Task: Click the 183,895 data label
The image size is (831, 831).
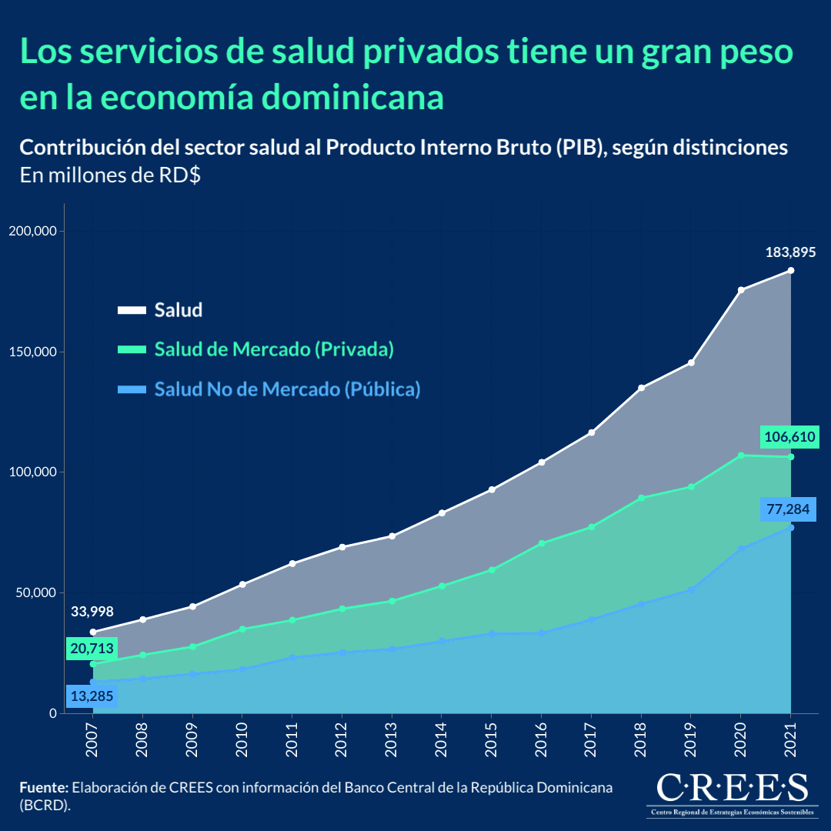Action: (x=790, y=252)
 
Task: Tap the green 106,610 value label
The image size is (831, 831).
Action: (x=789, y=438)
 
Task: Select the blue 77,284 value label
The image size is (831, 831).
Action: (x=789, y=509)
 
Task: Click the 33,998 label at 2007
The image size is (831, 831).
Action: (x=92, y=612)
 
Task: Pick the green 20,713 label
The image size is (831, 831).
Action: (x=92, y=649)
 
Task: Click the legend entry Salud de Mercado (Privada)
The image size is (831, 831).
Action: (x=274, y=349)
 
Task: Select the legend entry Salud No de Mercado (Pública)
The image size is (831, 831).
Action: (x=287, y=389)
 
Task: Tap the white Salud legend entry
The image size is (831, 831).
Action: (x=178, y=310)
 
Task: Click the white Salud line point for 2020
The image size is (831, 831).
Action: (x=741, y=290)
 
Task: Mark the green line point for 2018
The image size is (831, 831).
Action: (x=641, y=498)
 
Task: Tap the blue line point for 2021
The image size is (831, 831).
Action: (x=790, y=527)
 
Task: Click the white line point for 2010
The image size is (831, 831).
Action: (x=242, y=585)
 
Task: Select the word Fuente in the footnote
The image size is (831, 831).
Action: (x=44, y=788)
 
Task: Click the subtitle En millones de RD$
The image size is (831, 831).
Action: (x=110, y=175)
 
